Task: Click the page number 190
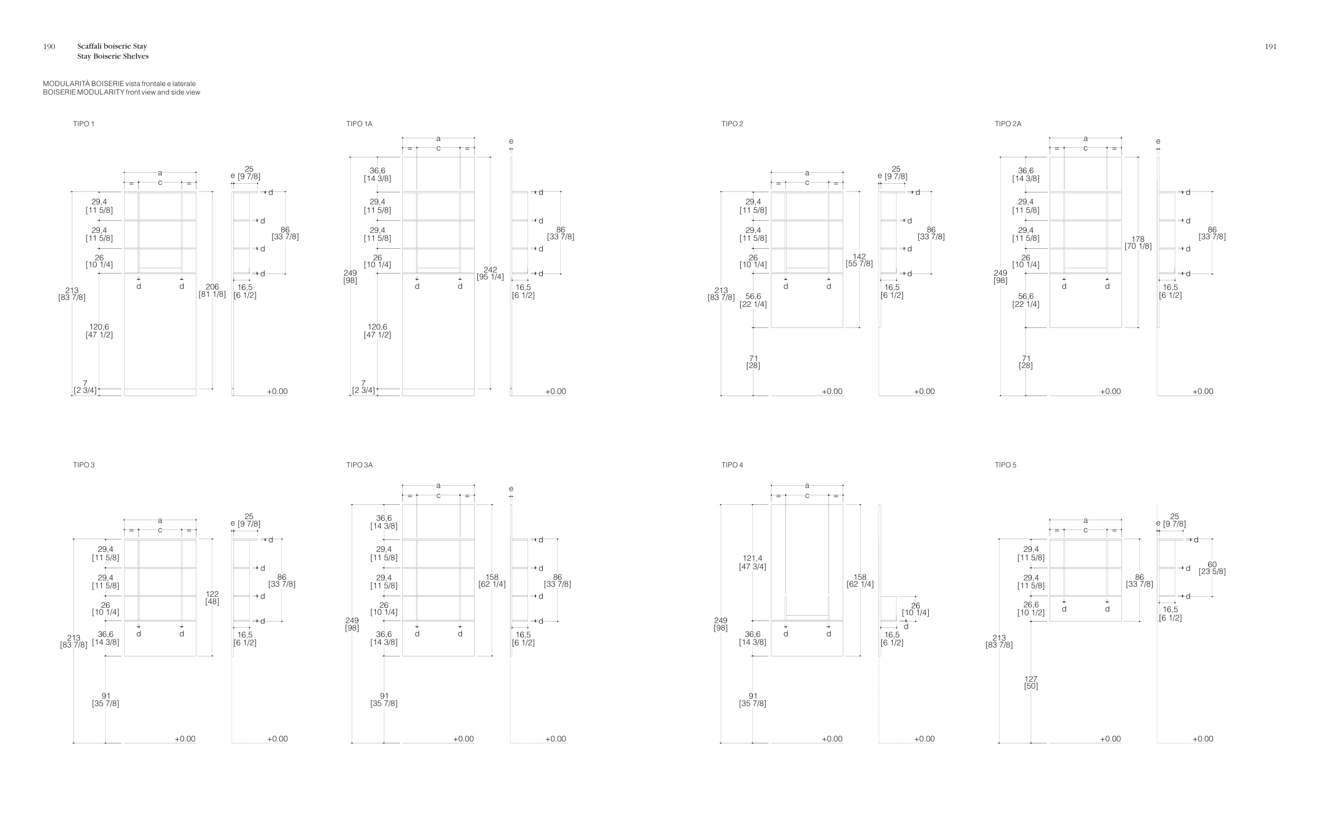click(49, 46)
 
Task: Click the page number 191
click(1270, 46)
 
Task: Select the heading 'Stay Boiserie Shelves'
click(112, 57)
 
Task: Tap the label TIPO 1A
click(359, 124)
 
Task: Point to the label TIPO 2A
click(1007, 124)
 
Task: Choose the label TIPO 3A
click(359, 465)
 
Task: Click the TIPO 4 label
click(732, 465)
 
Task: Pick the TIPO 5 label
click(1005, 465)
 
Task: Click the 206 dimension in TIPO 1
click(212, 287)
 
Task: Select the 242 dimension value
click(490, 270)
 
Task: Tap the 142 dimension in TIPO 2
click(859, 257)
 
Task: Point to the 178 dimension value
click(1138, 239)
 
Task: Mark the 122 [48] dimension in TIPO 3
click(212, 597)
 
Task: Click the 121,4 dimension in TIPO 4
click(752, 559)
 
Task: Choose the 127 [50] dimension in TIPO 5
click(1031, 682)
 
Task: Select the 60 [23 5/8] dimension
click(1212, 568)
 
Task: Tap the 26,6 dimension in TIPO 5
click(1031, 605)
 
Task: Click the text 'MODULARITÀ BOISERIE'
click(83, 84)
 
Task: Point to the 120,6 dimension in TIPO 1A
click(377, 327)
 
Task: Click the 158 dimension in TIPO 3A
click(492, 578)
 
